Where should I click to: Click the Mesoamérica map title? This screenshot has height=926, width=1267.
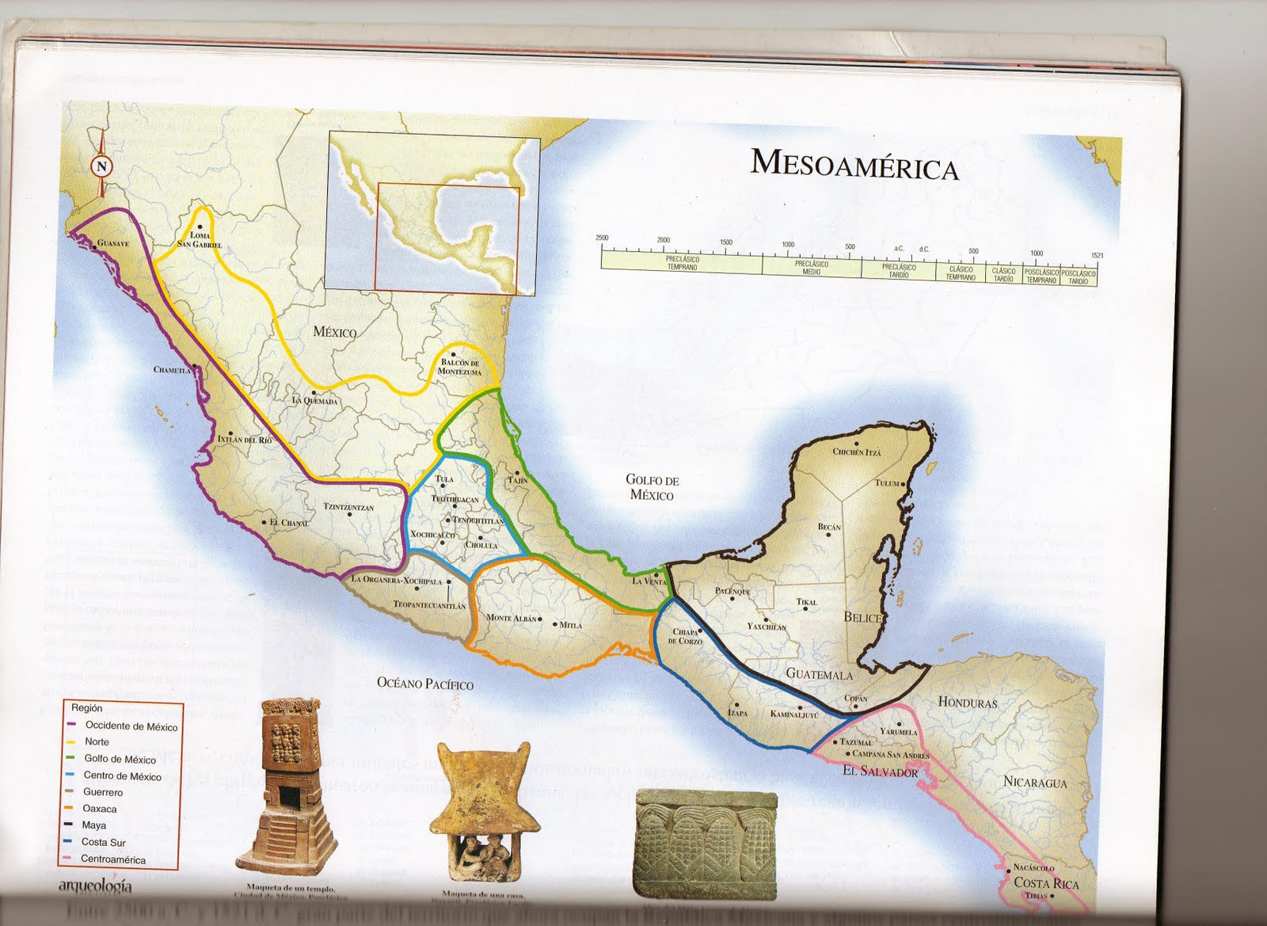tap(854, 164)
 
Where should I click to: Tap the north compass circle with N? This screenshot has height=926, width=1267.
tap(101, 166)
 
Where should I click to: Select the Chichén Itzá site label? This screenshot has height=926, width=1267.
tap(857, 452)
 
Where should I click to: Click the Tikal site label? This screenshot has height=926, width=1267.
tap(806, 602)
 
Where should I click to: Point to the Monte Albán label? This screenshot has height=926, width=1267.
tap(512, 618)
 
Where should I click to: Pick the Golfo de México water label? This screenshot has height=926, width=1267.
tap(652, 487)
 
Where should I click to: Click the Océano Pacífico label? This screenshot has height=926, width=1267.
tap(424, 683)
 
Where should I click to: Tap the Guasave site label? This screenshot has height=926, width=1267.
tap(113, 244)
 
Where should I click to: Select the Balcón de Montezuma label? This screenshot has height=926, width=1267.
tap(459, 367)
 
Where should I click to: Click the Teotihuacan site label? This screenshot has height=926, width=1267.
tap(455, 499)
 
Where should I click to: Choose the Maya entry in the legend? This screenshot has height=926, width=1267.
tap(94, 825)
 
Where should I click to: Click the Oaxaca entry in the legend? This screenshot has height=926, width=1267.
tap(100, 809)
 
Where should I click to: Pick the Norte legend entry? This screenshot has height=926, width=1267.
tap(97, 742)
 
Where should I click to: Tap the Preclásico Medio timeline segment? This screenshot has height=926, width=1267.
tap(811, 267)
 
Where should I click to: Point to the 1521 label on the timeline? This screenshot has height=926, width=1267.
tap(1096, 255)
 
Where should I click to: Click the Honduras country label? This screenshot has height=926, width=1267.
tap(968, 703)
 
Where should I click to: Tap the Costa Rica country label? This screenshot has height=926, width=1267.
tap(1046, 883)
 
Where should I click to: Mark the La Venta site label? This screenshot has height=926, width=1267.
tap(649, 581)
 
